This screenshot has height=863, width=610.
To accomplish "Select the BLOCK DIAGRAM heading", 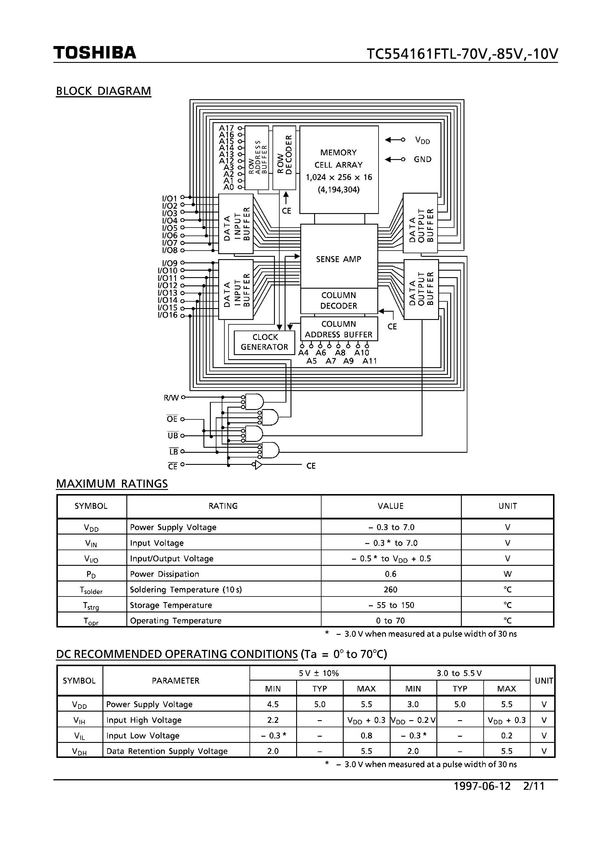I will point(103,91).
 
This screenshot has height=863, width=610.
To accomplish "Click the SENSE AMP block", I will point(338,259).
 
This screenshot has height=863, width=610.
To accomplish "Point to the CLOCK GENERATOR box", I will point(264,342).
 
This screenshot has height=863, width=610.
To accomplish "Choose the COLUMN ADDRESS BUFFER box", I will point(338,329).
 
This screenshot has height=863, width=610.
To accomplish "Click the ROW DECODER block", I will point(284,158).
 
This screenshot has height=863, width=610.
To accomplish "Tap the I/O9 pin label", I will point(169,263).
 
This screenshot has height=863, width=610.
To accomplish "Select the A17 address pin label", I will point(226,128).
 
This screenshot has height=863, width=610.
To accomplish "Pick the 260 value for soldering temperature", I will point(390,589).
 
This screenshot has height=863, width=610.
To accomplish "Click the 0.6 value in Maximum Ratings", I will point(390,574).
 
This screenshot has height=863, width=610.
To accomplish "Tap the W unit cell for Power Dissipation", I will point(507,574).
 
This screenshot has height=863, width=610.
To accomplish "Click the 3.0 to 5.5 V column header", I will point(460,673).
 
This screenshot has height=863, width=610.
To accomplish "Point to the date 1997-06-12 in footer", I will point(482,786).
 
